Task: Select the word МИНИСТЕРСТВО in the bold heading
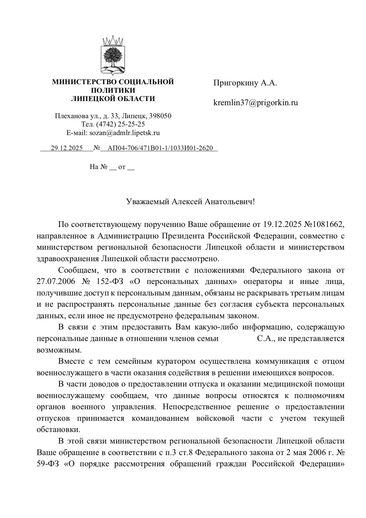click(84, 82)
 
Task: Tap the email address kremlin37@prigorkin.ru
click(255, 103)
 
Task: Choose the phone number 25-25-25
click(131, 124)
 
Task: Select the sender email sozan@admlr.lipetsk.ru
click(124, 133)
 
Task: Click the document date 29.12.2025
click(66, 148)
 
